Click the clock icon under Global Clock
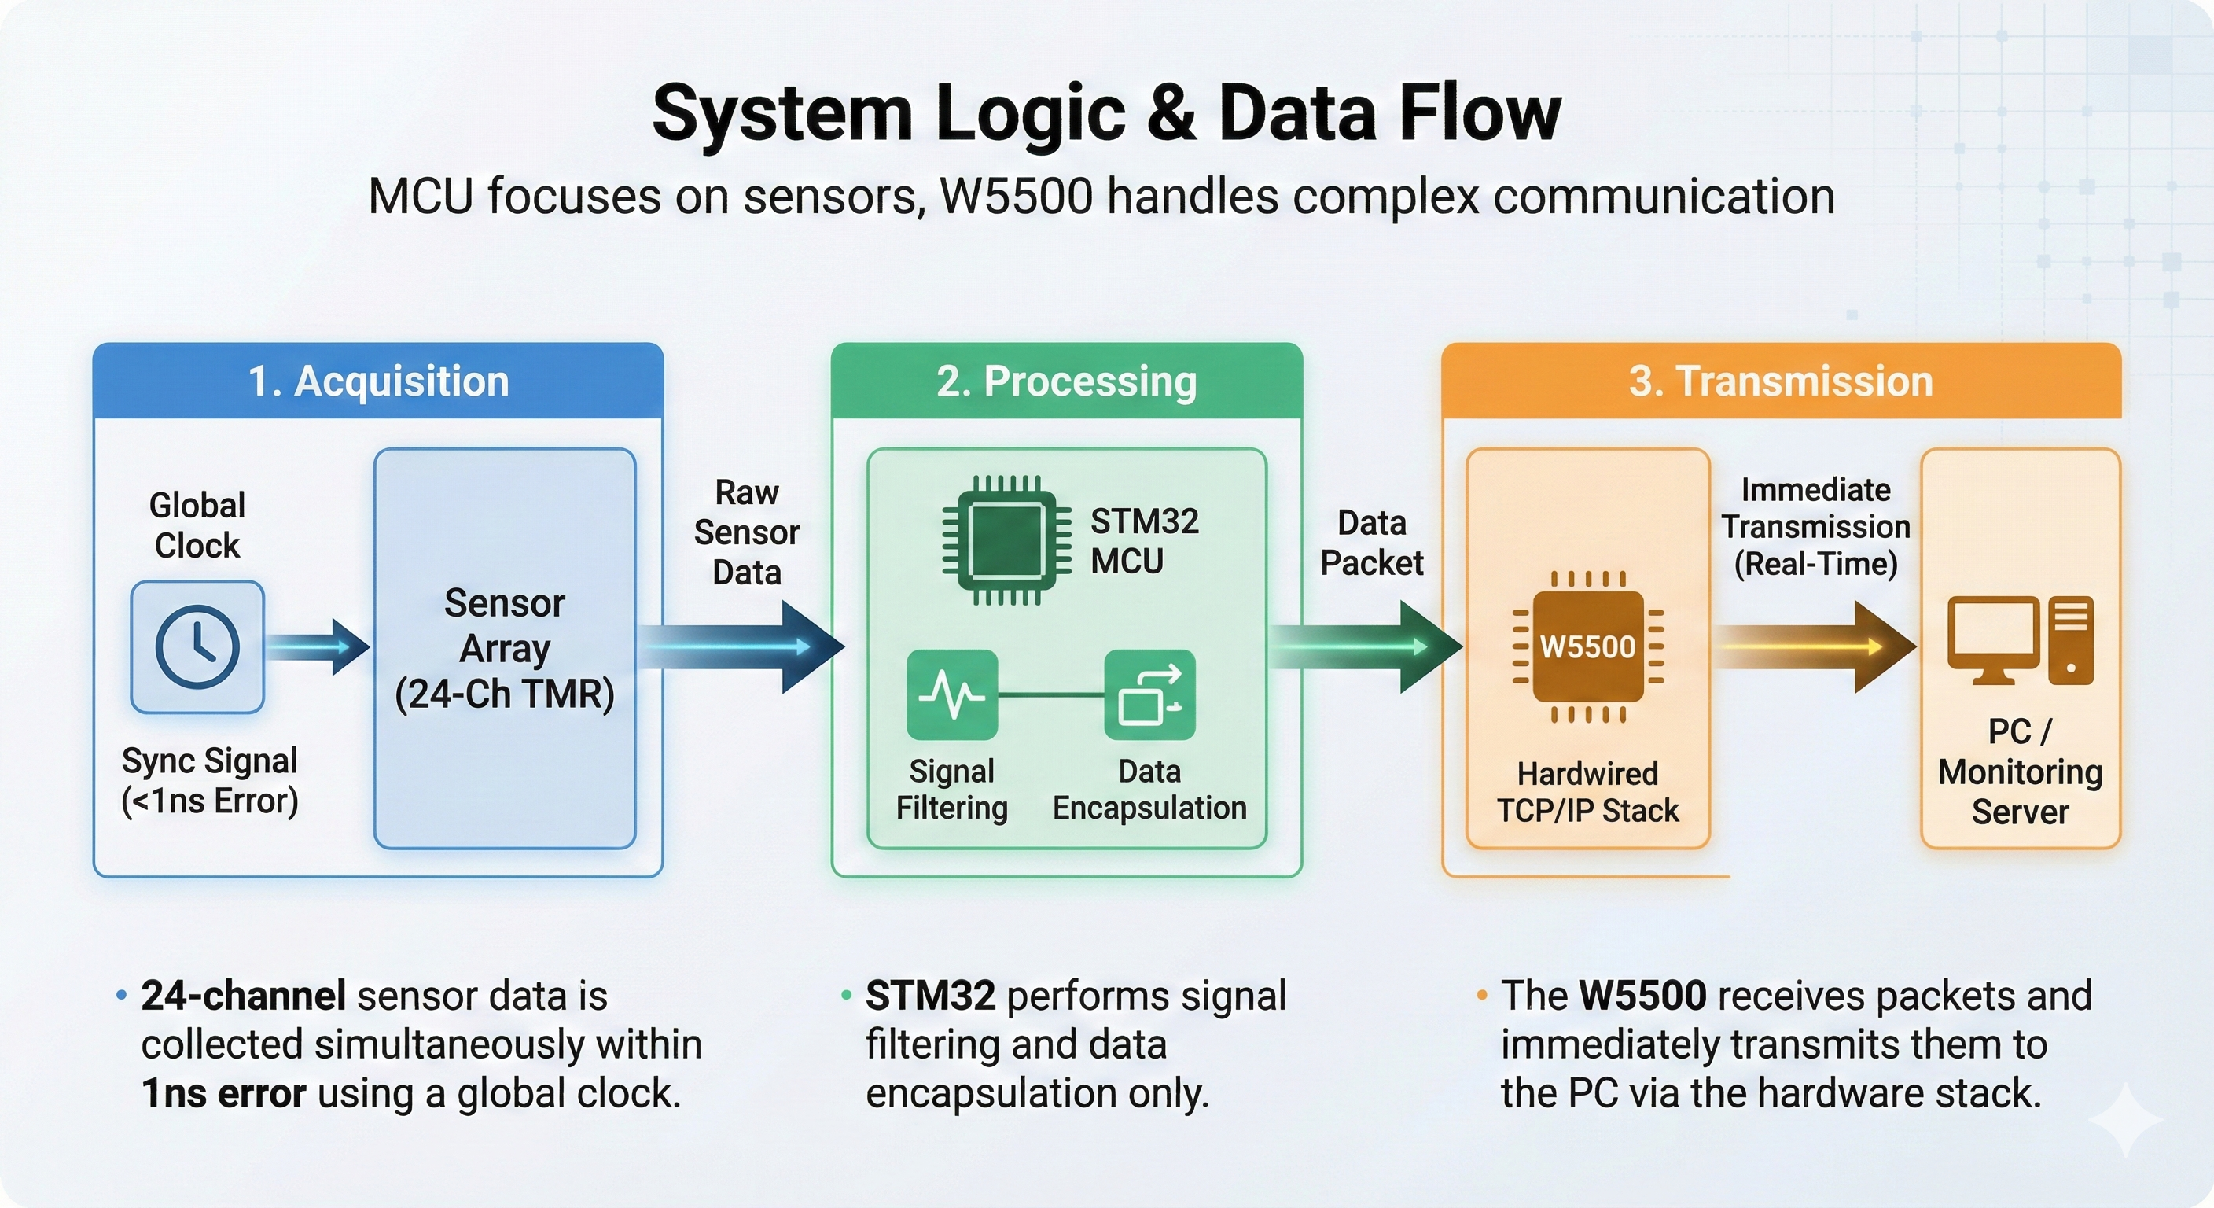point(197,646)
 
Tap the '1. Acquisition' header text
point(378,381)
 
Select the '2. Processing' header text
point(1067,381)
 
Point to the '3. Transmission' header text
point(1781,381)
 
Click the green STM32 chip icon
point(1006,540)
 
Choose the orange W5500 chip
point(1587,646)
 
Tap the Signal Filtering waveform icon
point(951,694)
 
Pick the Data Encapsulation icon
point(1149,694)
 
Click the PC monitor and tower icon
point(2020,640)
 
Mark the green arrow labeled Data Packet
point(1366,646)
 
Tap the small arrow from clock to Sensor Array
point(316,646)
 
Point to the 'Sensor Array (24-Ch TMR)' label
point(505,648)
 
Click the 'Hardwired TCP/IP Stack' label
point(1587,792)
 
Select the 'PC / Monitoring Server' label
point(2020,772)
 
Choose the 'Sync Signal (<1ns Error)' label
point(210,781)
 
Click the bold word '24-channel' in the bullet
point(243,996)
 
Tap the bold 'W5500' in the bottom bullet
point(1642,996)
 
